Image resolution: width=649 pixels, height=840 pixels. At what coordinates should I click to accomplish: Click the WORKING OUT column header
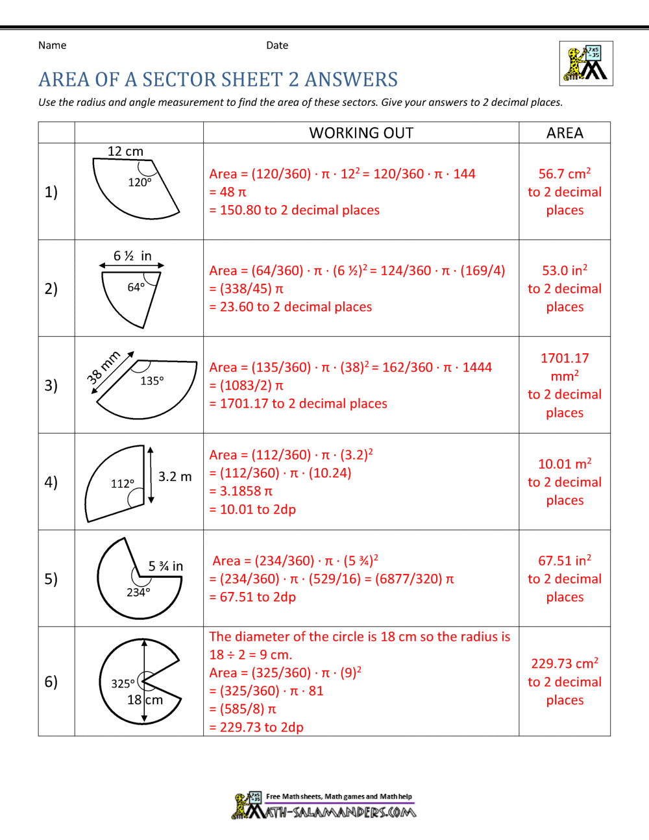(x=361, y=132)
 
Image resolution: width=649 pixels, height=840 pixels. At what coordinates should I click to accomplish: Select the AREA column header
(x=565, y=132)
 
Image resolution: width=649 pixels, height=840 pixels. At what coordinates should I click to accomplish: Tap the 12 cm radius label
(x=125, y=151)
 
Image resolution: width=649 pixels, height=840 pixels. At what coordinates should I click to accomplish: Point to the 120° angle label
(x=140, y=182)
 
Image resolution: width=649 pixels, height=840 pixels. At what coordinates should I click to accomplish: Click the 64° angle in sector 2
(x=136, y=287)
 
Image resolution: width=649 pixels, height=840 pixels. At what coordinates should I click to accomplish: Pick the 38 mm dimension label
(x=103, y=368)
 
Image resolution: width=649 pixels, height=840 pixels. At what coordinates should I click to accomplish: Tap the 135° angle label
(x=152, y=381)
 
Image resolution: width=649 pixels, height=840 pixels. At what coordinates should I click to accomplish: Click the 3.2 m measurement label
(x=175, y=476)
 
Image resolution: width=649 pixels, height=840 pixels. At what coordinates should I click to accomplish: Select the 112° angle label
(x=123, y=483)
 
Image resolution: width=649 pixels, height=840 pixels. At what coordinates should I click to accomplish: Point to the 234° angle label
(x=138, y=592)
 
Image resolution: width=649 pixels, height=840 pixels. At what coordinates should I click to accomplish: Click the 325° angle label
(x=123, y=684)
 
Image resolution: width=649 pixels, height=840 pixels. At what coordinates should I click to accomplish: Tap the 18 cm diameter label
(x=145, y=700)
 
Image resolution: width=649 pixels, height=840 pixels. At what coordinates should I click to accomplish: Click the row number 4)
(x=51, y=482)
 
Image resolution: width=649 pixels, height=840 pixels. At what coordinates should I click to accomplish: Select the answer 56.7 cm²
(x=565, y=173)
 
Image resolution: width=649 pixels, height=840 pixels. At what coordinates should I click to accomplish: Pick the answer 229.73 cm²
(x=565, y=663)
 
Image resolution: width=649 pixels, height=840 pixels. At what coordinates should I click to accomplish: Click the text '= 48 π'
(x=228, y=191)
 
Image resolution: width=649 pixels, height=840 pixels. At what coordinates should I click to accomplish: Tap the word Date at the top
(x=277, y=45)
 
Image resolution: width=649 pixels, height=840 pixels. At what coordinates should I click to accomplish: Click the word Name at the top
(x=52, y=45)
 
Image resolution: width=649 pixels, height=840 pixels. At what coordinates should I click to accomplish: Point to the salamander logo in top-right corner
(x=586, y=64)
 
